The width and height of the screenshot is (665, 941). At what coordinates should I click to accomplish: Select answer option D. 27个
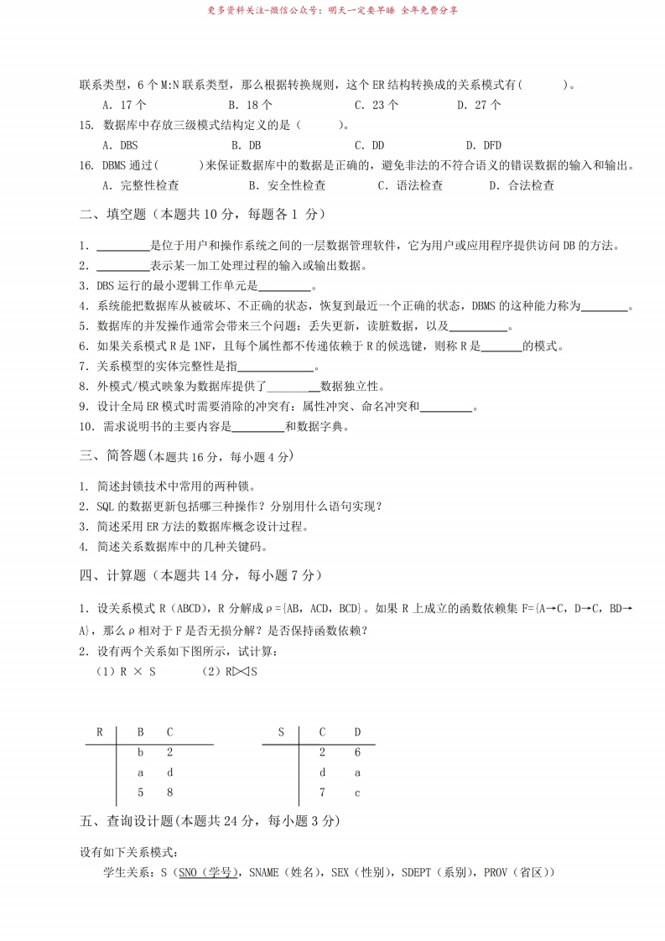coord(479,106)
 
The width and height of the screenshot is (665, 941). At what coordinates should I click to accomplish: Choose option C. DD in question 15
coord(369,145)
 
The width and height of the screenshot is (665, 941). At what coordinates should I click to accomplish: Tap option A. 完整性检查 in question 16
coord(140,185)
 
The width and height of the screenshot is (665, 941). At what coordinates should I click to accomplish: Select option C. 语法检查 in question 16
coord(410,185)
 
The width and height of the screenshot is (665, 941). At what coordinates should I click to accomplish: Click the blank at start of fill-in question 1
coord(123,247)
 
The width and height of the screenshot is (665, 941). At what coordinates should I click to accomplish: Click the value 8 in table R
coord(169,793)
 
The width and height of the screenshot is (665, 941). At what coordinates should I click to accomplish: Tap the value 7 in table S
coord(322,793)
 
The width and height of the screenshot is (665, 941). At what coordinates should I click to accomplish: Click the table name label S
coord(282,732)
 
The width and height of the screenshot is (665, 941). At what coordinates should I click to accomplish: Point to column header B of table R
coord(141,732)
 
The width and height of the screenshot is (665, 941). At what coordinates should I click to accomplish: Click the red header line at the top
coord(332,11)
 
